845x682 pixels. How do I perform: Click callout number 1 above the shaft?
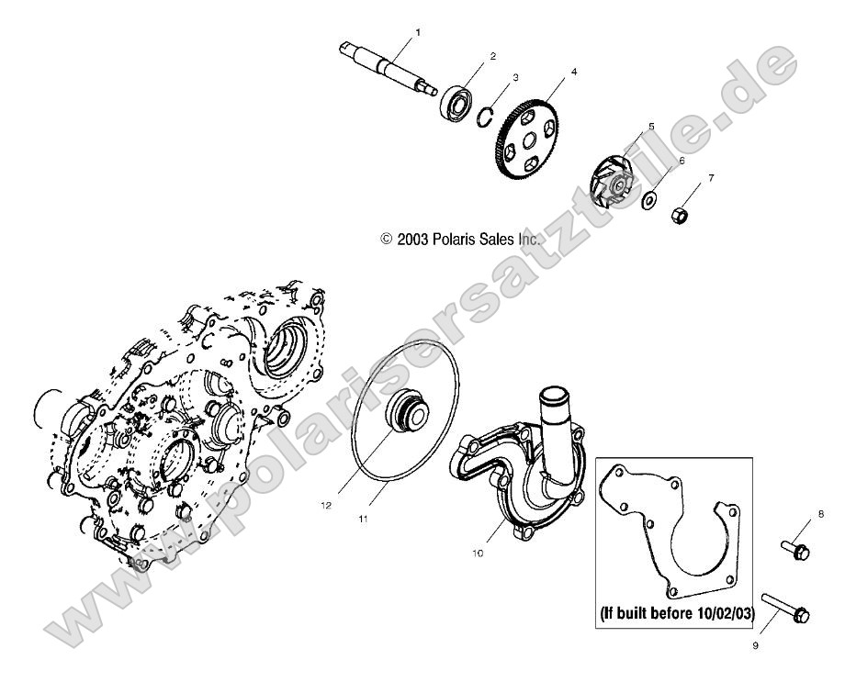point(418,33)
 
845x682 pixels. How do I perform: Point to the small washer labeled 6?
point(649,198)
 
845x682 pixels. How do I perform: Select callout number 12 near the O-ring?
point(324,504)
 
